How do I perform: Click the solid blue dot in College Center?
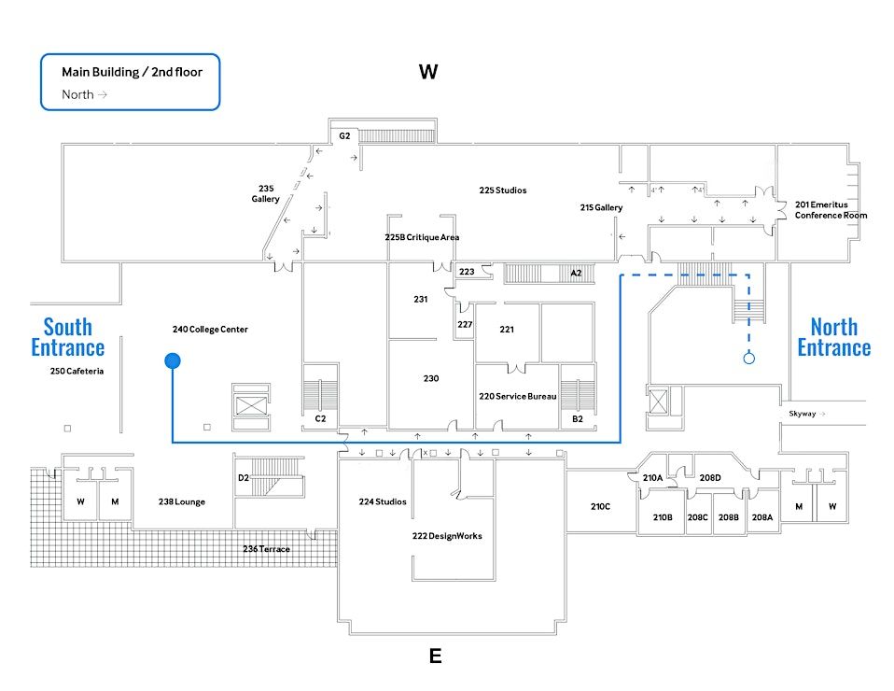[x=173, y=360]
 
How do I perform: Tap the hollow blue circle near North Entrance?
[x=748, y=358]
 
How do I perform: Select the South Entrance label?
[x=68, y=337]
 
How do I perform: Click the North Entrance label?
[x=833, y=337]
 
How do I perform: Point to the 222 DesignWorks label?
[x=447, y=536]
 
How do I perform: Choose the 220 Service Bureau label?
[x=518, y=397]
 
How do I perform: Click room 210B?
[x=663, y=517]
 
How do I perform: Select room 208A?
[x=762, y=517]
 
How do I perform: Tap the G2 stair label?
[x=344, y=136]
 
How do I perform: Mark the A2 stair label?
[x=577, y=273]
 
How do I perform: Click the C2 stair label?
[x=320, y=418]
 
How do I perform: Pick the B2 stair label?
[x=577, y=419]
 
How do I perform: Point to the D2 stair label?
[x=244, y=478]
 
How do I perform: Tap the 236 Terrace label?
[x=266, y=549]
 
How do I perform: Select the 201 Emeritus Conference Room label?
[x=831, y=209]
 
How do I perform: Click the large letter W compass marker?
[x=428, y=73]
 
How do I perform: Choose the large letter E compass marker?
[x=435, y=656]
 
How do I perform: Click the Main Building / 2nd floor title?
[x=132, y=72]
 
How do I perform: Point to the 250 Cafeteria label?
[x=77, y=371]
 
